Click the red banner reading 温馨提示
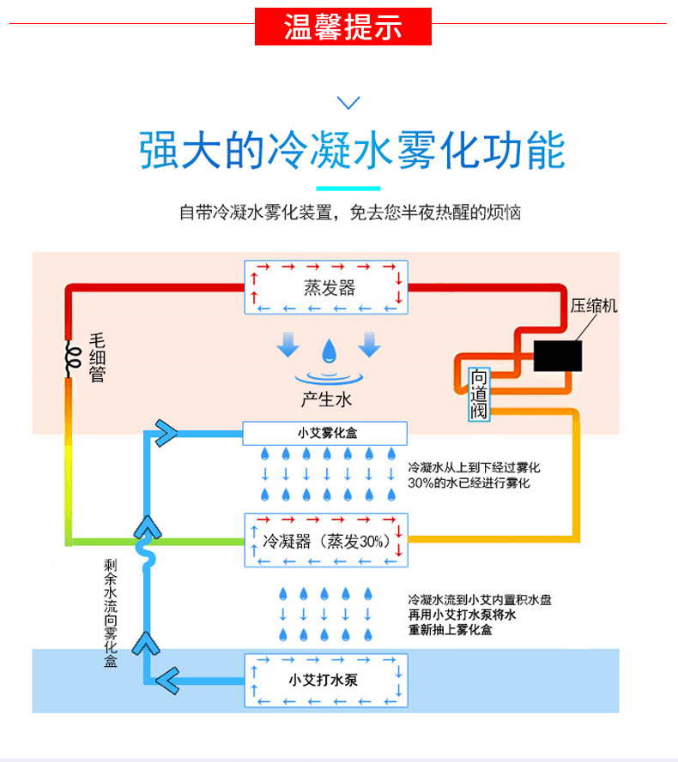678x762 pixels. click(x=343, y=27)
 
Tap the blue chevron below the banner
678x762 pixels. click(x=348, y=103)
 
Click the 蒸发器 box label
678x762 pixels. click(x=330, y=288)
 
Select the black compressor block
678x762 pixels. click(x=558, y=356)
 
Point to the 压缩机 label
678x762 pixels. click(x=594, y=306)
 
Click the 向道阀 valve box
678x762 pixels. click(x=478, y=394)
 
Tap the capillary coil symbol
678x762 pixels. click(x=73, y=357)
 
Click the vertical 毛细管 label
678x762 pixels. click(x=97, y=357)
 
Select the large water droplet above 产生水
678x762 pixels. click(x=329, y=351)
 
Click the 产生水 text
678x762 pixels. click(x=326, y=399)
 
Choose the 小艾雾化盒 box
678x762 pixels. click(x=324, y=433)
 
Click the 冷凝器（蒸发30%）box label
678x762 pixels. click(x=327, y=541)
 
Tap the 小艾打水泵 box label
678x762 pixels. click(x=324, y=680)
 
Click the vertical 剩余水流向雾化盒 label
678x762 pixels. click(x=111, y=613)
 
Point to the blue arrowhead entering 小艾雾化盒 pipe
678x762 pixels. click(x=166, y=433)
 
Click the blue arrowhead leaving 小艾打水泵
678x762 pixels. click(x=168, y=681)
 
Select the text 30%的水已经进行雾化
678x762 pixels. click(x=469, y=483)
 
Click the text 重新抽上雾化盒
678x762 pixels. click(x=451, y=630)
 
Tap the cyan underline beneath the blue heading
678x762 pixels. click(x=348, y=189)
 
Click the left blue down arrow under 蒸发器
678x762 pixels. click(x=288, y=345)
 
